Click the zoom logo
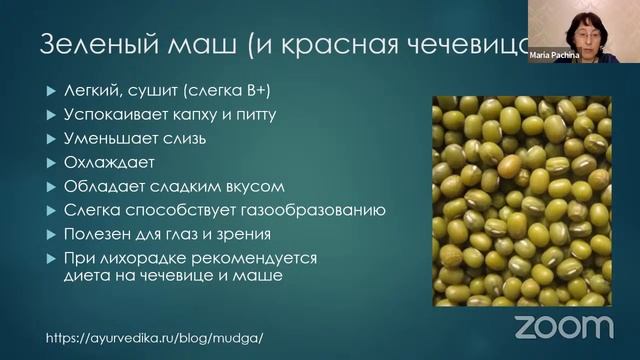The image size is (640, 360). click(x=563, y=327)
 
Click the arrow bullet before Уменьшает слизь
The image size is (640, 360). click(x=52, y=138)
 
